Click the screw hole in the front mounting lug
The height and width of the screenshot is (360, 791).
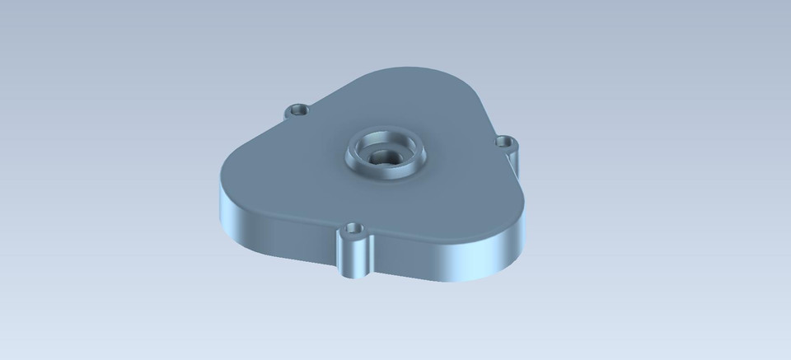click(354, 228)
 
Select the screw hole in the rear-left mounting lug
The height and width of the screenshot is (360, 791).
click(297, 110)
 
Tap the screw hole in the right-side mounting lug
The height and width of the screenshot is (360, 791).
click(504, 143)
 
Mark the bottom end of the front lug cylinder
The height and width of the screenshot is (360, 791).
click(353, 275)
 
